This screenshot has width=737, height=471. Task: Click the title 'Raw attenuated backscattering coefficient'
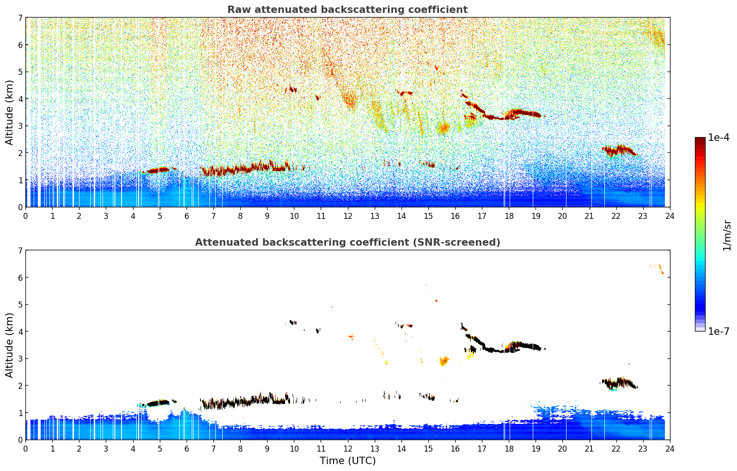[x=347, y=10]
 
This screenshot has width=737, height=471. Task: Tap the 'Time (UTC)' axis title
[x=347, y=461]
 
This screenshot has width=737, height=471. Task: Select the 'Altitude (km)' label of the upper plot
[x=10, y=112]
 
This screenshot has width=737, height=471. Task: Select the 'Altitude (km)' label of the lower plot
[x=10, y=345]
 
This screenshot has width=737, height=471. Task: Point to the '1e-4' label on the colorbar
[x=719, y=138]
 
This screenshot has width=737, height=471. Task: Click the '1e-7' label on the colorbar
[x=719, y=331]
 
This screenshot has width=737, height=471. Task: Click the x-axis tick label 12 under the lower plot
[x=347, y=448]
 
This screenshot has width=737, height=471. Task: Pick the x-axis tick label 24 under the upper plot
[x=670, y=216]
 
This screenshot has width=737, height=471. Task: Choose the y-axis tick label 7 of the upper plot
[x=20, y=18]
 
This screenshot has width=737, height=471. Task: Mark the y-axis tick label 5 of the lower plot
[x=20, y=305]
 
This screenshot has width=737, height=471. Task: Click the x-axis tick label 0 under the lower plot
[x=25, y=448]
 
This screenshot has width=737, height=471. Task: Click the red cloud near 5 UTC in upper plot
[x=158, y=170]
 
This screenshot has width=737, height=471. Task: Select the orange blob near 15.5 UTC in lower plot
[x=444, y=361]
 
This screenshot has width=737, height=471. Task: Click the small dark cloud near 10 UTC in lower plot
[x=292, y=322]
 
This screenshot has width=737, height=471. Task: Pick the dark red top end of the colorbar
[x=700, y=139]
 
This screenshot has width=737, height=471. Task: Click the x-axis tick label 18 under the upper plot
[x=509, y=216]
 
